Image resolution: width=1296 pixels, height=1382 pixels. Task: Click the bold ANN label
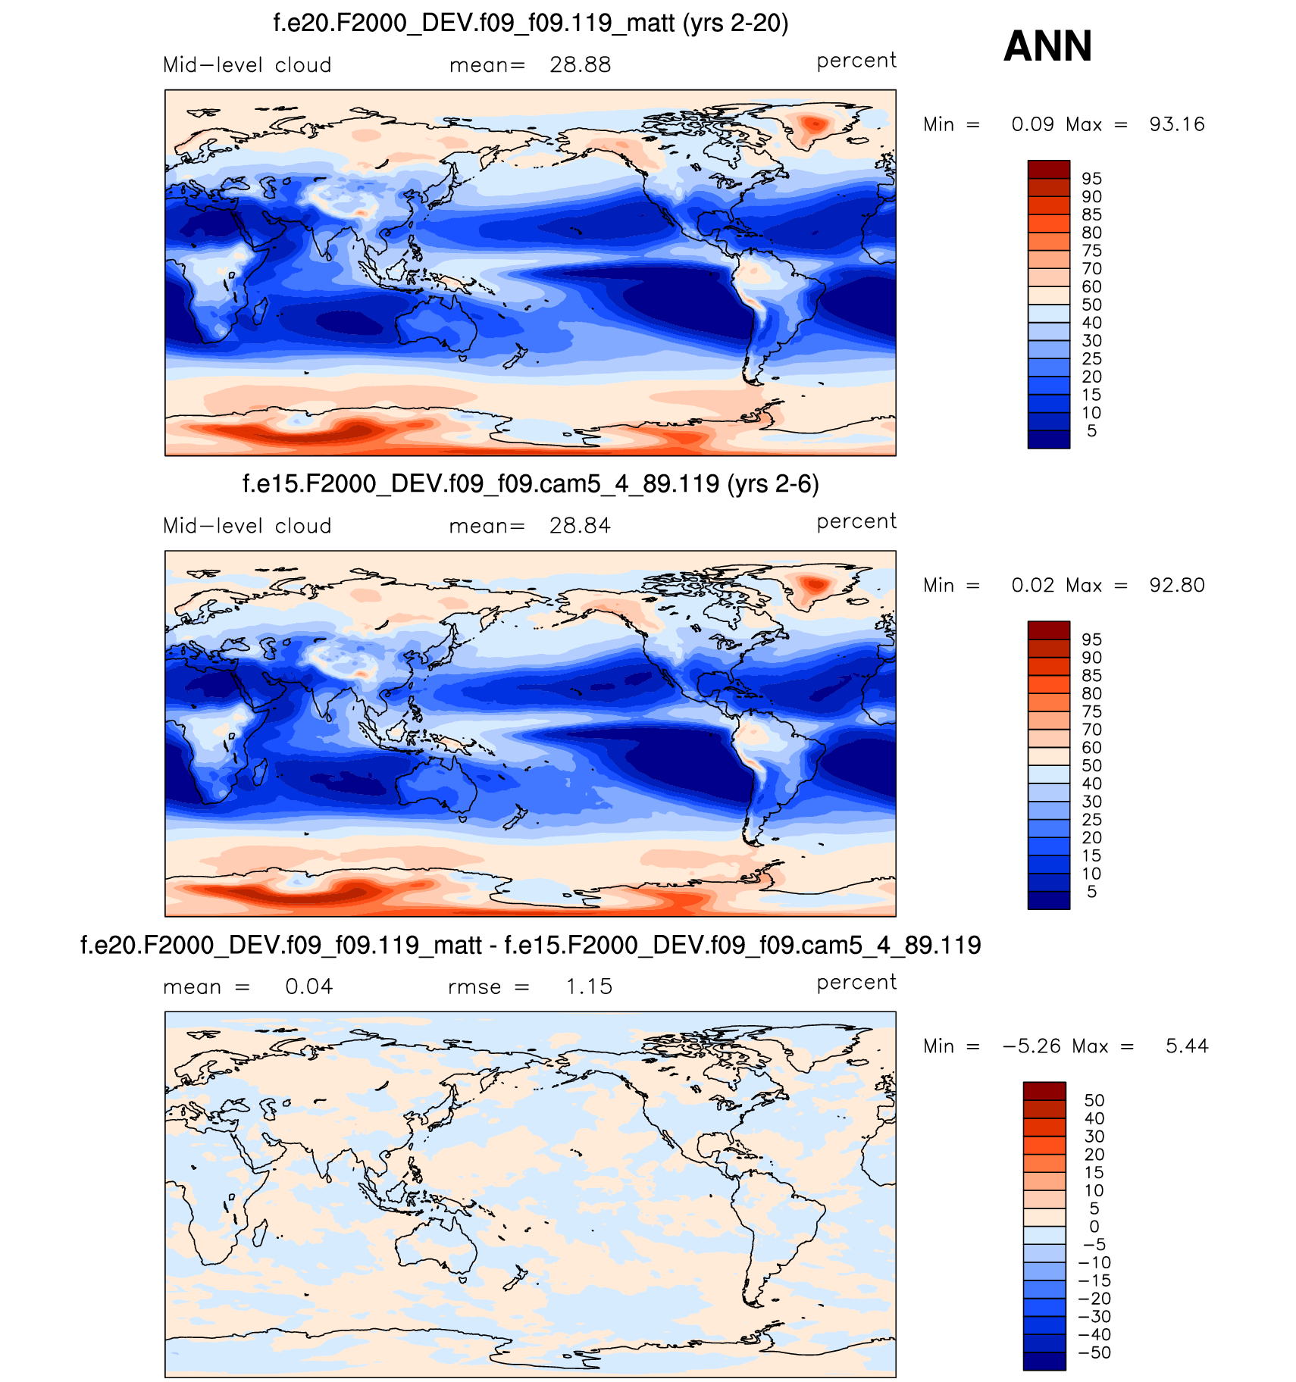1047,46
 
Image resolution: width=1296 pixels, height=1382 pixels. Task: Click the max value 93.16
1176,124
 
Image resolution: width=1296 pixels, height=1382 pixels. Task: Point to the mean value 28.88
580,65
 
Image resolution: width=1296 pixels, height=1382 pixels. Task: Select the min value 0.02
1032,585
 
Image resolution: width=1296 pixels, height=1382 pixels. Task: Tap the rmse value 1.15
589,986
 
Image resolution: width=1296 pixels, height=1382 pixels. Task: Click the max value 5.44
1187,1046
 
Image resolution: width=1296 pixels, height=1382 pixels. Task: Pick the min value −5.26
1031,1046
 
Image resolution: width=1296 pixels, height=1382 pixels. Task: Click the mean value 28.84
580,526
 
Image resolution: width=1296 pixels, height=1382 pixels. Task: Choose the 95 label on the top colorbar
1091,179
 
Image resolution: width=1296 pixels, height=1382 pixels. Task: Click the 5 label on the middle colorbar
1091,892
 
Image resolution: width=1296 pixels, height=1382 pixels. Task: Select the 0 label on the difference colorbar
1094,1227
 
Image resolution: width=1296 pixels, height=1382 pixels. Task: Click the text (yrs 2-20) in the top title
735,23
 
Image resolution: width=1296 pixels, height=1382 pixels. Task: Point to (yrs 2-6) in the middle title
772,484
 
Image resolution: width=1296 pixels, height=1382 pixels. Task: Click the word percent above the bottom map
856,982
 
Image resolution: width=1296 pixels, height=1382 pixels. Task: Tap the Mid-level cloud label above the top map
247,65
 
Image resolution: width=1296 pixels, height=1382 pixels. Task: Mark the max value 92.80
1176,585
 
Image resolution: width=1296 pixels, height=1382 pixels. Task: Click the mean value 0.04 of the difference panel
308,986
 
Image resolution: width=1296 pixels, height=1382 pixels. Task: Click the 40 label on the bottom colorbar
1094,1118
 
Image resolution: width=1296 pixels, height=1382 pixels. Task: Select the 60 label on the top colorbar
1091,287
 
